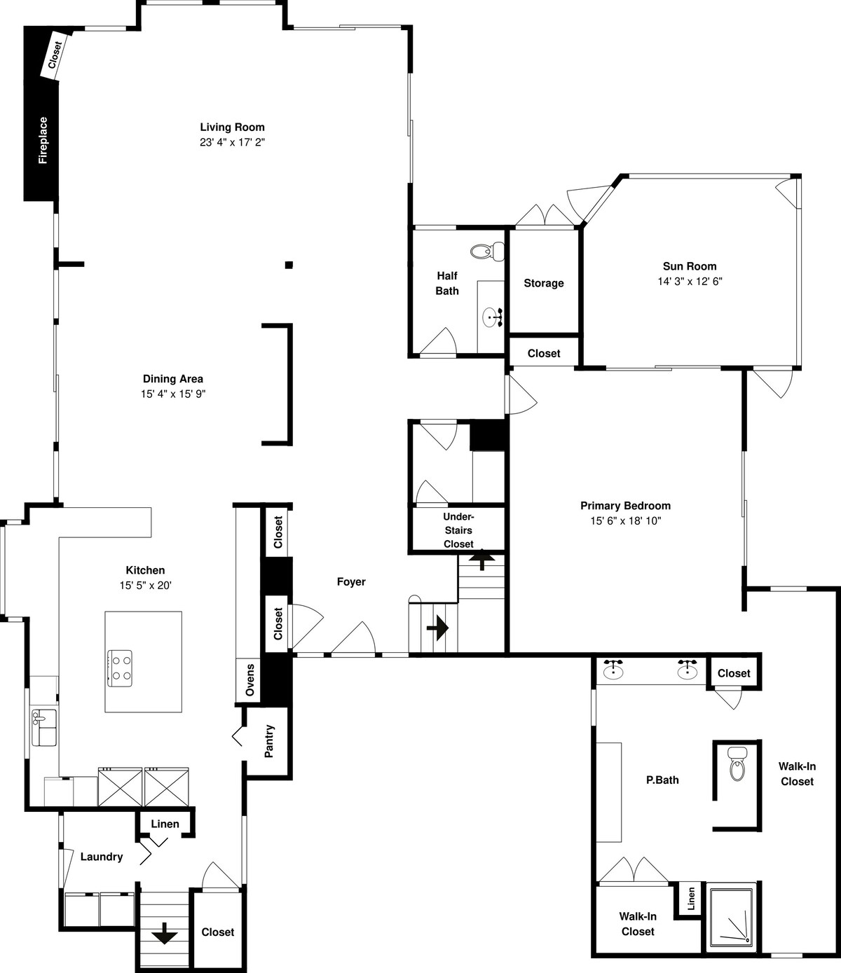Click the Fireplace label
point(43,140)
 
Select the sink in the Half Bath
point(493,317)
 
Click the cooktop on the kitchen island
point(120,668)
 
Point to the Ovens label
point(250,679)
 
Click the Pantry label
point(269,741)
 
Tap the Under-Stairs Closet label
point(458,530)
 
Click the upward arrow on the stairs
point(481,561)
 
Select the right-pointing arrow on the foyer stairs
point(437,628)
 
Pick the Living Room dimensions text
point(232,142)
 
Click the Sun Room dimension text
point(690,282)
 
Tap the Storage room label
point(543,283)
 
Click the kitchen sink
point(43,727)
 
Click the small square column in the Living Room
point(289,265)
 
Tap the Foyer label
point(351,582)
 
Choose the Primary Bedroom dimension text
point(625,521)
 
